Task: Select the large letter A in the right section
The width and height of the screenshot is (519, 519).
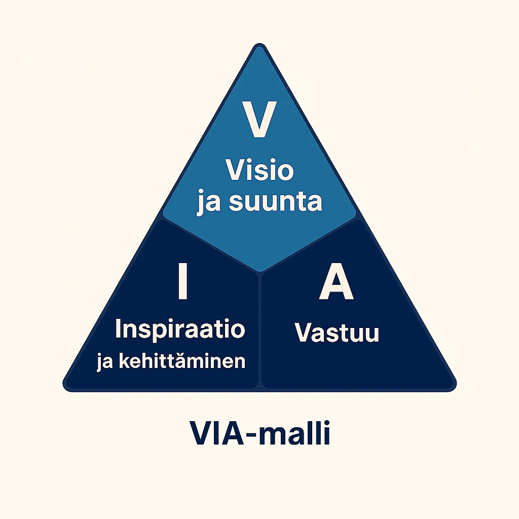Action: point(336,285)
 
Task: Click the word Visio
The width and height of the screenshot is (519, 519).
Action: point(259,170)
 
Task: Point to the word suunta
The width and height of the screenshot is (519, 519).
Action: point(276,201)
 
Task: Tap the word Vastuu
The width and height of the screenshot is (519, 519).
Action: point(337,333)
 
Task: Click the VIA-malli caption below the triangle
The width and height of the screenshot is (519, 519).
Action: point(260,435)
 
